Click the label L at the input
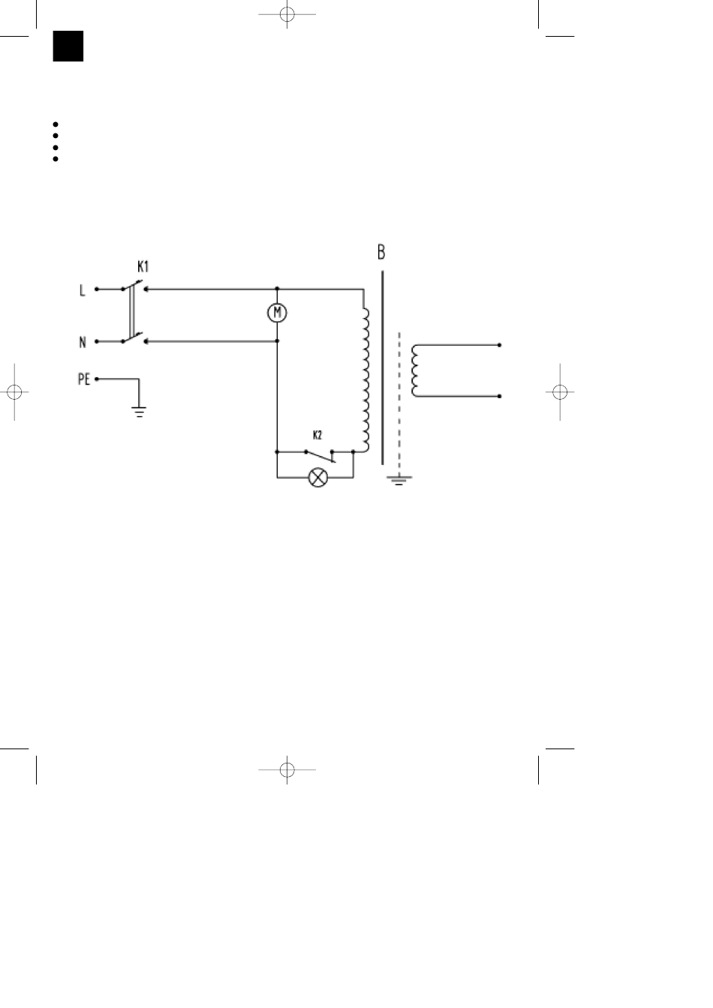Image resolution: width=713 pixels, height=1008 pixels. pos(82,289)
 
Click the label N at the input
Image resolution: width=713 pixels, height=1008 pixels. pos(82,343)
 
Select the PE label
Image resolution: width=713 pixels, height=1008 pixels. pos(84,379)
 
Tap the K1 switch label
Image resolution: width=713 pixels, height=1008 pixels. pos(142,266)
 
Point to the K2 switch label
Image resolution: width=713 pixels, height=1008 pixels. pos(317,435)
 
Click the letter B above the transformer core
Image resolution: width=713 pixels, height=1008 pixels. pos(381,252)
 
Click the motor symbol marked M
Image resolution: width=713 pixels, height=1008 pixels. pos(278,313)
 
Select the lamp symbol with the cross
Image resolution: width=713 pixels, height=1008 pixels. pos(319,478)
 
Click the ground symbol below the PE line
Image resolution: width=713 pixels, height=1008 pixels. pos(139,409)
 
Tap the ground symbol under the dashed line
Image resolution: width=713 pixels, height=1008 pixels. pos(399,479)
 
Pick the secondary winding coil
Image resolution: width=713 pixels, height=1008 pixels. pos(415,370)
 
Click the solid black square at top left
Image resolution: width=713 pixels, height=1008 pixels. pos(68,46)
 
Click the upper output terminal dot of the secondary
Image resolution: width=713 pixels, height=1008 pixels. pos(499,346)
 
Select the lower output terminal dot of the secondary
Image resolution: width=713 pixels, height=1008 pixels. pos(499,396)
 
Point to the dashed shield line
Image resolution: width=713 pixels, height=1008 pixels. pos(399,397)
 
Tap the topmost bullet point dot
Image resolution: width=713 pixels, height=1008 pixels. pos(56,124)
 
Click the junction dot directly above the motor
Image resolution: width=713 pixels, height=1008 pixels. pos(278,289)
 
